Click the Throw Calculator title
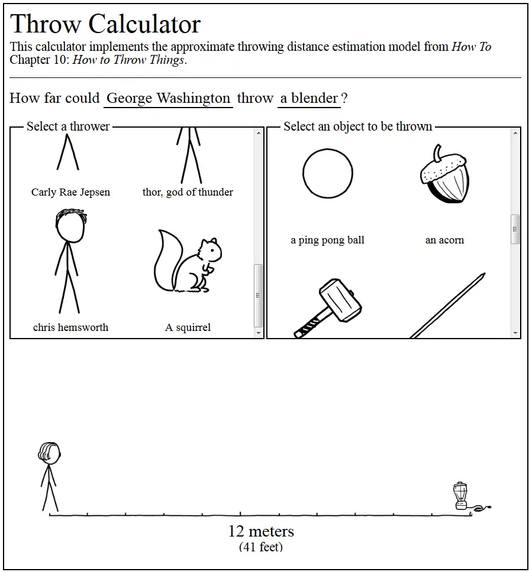pos(105,24)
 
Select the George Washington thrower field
pos(168,98)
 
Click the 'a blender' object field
pos(309,98)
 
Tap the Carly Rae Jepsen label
pos(70,192)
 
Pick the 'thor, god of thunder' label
pos(188,192)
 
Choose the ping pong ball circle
pos(327,174)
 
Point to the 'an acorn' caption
pos(444,240)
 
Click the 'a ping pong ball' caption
pos(327,240)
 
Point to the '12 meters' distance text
pos(260,531)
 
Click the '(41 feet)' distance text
pos(260,547)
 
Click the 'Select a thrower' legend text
pos(68,126)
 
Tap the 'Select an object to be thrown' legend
pos(357,126)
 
